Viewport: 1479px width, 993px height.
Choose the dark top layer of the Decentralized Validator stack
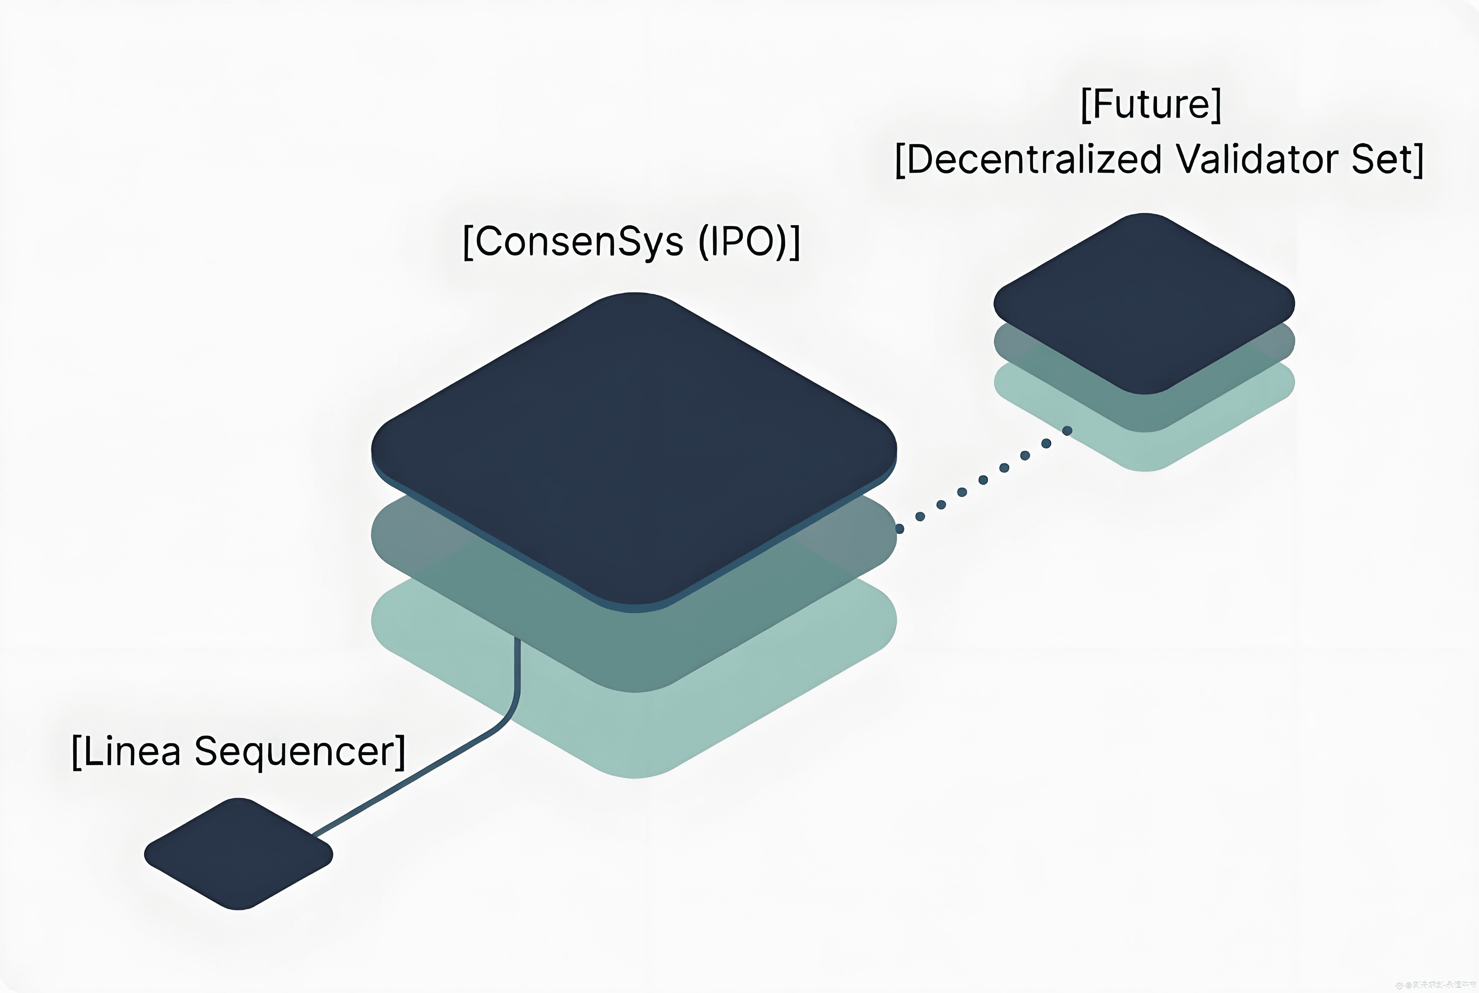[1144, 303]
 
